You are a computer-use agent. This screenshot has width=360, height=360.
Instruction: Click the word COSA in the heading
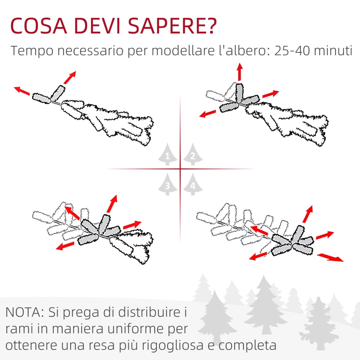[x=39, y=26]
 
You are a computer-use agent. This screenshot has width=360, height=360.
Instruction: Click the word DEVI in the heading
[x=97, y=26]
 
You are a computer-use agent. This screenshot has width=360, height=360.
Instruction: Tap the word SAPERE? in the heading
[x=172, y=26]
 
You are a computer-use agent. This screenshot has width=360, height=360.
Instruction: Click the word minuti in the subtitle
[x=333, y=51]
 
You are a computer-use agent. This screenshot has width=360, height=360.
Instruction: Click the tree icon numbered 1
[x=168, y=154]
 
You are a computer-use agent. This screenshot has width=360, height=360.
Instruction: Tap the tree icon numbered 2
[x=193, y=154]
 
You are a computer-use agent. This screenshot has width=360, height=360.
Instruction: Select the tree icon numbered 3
[x=168, y=184]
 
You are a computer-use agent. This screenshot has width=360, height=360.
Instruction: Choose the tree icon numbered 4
[x=193, y=184]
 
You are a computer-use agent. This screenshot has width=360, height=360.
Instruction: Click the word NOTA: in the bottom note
[x=25, y=312]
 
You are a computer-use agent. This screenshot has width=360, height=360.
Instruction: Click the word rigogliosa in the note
[x=172, y=346]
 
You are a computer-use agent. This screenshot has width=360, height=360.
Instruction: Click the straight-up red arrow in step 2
[x=240, y=72]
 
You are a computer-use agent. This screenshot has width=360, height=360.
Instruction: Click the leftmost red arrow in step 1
[x=22, y=91]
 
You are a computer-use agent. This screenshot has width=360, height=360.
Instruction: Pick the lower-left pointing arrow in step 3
[x=65, y=246]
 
